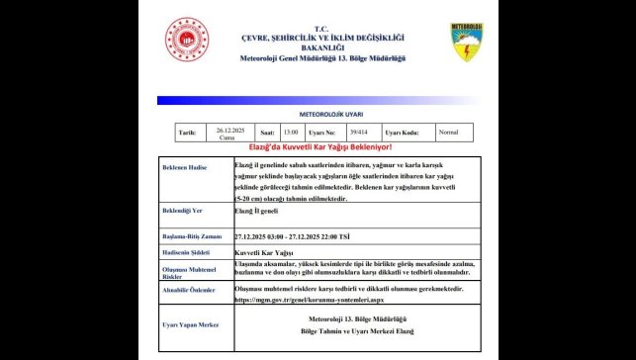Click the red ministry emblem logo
pos(186,43)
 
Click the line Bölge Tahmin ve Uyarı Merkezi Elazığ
pos(357,332)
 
